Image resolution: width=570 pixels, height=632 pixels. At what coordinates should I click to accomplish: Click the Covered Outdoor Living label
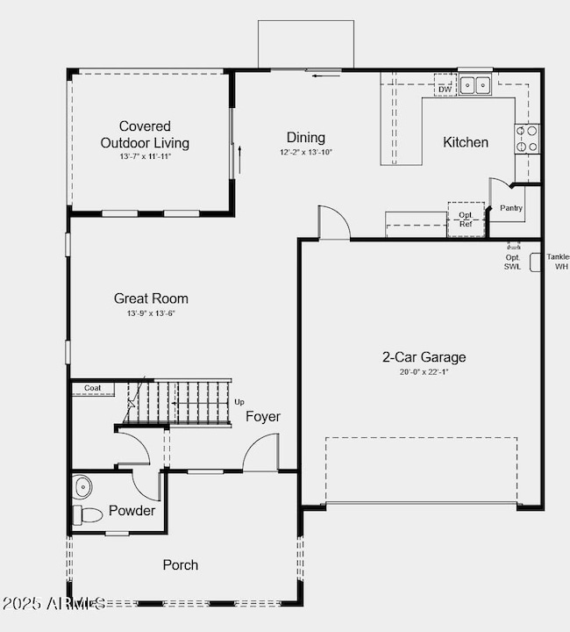pos(145,134)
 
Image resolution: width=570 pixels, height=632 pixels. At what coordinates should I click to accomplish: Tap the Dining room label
pos(305,137)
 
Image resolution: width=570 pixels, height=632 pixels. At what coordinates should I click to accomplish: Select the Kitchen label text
pos(465,142)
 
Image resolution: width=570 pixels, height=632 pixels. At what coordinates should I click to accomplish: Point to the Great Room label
pos(151,298)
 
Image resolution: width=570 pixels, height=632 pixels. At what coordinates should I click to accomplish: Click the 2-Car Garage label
pos(424,357)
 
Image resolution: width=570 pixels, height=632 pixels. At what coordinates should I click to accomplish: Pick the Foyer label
pos(263,416)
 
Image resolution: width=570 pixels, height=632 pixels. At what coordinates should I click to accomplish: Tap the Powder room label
pos(132,511)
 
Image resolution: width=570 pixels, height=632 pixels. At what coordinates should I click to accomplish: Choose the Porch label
pos(181,564)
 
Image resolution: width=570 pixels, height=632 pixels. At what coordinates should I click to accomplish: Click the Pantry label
pos(511,209)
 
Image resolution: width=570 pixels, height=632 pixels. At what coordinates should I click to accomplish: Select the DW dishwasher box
pos(445,90)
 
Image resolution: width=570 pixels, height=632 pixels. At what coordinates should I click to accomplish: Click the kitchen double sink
pos(475,85)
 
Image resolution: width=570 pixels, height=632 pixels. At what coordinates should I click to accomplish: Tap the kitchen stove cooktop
pos(527,139)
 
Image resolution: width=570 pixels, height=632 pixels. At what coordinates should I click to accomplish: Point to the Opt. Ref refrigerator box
pos(466,219)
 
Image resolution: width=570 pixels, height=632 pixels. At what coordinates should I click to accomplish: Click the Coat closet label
pos(93,388)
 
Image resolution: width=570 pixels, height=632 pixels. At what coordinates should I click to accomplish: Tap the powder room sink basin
pos(83,485)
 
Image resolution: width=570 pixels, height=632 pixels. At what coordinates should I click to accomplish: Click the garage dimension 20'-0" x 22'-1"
pos(424,372)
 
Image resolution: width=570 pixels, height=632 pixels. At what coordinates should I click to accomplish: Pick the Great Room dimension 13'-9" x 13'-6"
pos(151,313)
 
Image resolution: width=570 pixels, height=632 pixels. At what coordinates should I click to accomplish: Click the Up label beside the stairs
pos(239,402)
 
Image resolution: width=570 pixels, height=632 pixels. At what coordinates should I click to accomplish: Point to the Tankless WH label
pos(559,262)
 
